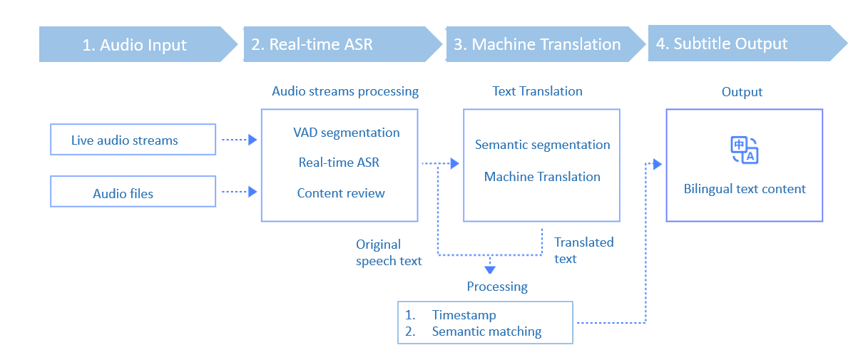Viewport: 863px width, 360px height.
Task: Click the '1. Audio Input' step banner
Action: coord(134,45)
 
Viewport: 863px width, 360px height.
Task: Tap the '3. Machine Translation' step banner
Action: coord(537,44)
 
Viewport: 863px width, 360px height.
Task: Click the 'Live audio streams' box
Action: coord(133,140)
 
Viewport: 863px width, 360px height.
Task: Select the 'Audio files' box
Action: coord(133,193)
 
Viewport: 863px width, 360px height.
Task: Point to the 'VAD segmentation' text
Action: coord(346,133)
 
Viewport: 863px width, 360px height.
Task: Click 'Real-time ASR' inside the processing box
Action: coord(339,163)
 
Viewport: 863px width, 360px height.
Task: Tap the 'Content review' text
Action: coord(341,193)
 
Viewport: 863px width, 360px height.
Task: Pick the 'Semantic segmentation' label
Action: coord(542,145)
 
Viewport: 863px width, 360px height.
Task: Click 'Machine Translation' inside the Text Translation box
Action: coord(542,177)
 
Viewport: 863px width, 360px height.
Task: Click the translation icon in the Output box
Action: coord(744,150)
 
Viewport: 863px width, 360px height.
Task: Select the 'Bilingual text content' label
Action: coord(745,189)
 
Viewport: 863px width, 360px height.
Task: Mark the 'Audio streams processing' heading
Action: coord(345,91)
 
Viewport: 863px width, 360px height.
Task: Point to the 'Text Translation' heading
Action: coord(537,91)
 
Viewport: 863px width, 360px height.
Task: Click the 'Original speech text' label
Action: coord(389,253)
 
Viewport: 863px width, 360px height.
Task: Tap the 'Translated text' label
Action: coord(583,250)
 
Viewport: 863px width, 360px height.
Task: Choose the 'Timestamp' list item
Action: coord(464,315)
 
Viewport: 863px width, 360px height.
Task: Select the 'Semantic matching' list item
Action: coord(486,331)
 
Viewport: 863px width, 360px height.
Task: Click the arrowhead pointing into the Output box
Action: coord(657,165)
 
